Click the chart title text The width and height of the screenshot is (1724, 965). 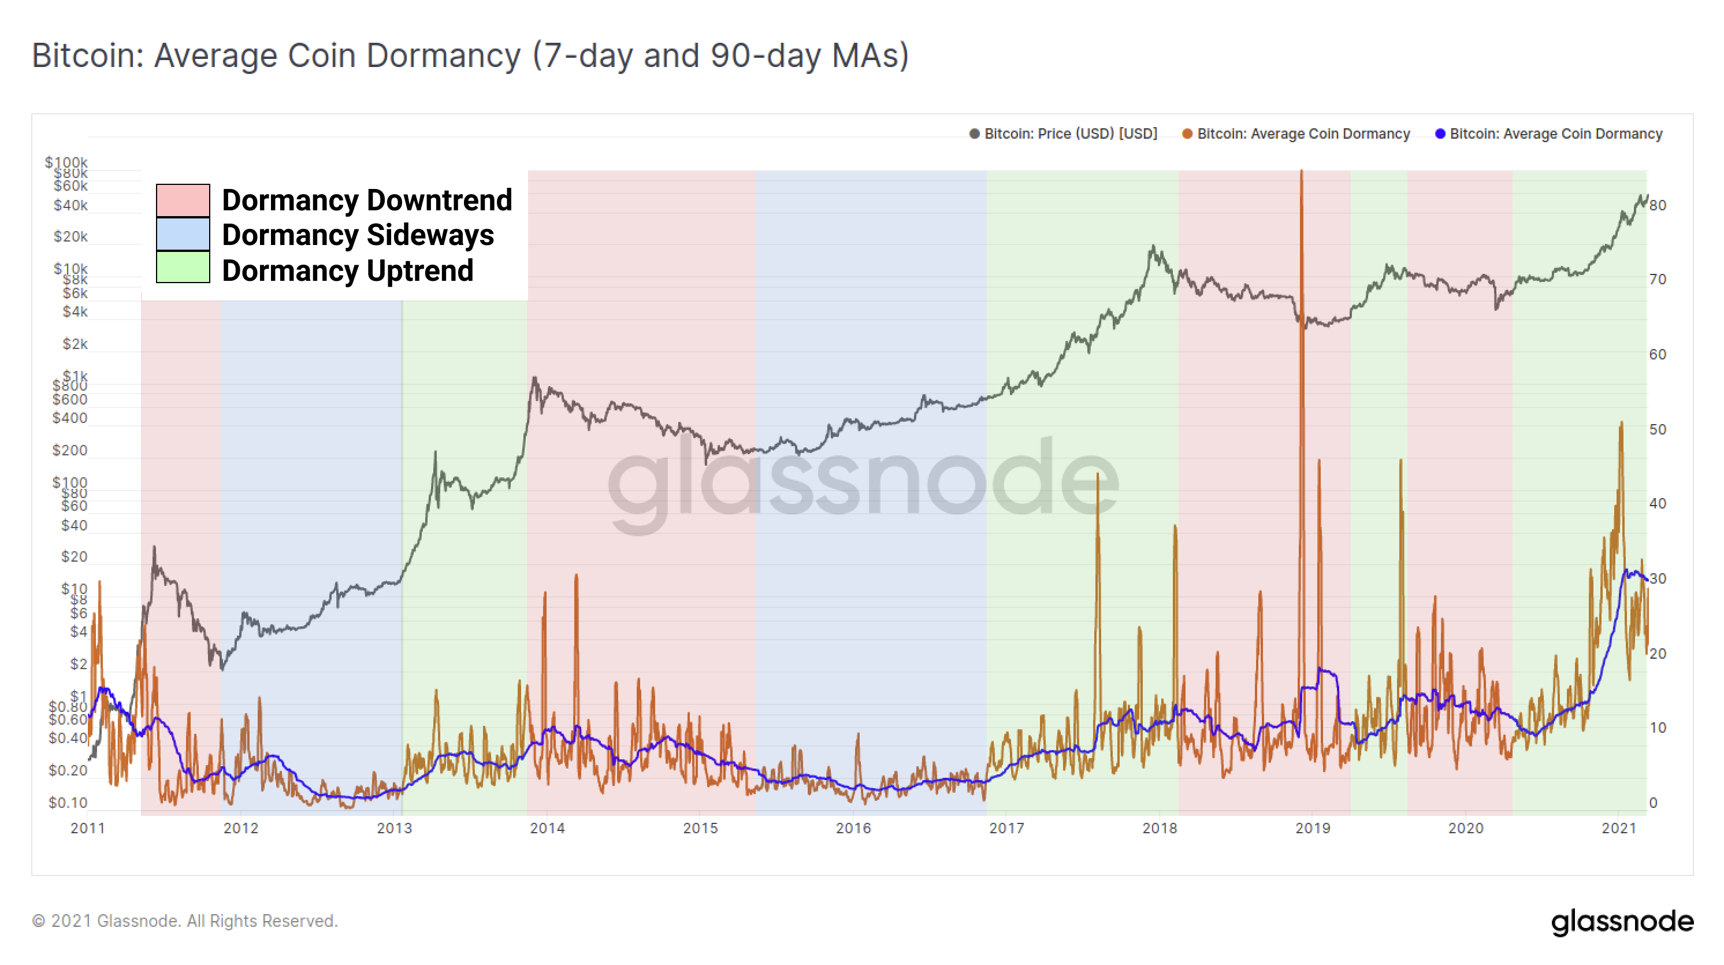point(470,55)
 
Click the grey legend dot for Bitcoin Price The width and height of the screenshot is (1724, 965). point(975,134)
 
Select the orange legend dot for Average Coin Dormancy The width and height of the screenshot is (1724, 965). point(1187,134)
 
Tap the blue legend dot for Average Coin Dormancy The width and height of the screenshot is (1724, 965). point(1440,134)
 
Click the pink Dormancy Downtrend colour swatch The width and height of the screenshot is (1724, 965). point(183,200)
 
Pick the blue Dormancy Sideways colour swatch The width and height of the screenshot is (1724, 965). point(183,234)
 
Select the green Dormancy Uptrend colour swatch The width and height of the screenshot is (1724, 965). point(183,268)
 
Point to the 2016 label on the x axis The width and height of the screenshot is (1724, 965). point(853,829)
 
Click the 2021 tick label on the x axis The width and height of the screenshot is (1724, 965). point(1618,829)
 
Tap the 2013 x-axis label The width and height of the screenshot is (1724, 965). point(394,829)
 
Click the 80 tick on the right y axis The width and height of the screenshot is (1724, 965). point(1658,206)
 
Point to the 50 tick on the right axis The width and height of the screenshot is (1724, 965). point(1658,430)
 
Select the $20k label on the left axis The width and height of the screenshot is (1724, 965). point(70,237)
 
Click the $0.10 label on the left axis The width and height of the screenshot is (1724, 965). point(68,803)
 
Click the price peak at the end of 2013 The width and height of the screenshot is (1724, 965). point(534,378)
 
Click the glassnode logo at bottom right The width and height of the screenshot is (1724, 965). point(1622,922)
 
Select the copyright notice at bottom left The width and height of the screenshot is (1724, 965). point(185,922)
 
